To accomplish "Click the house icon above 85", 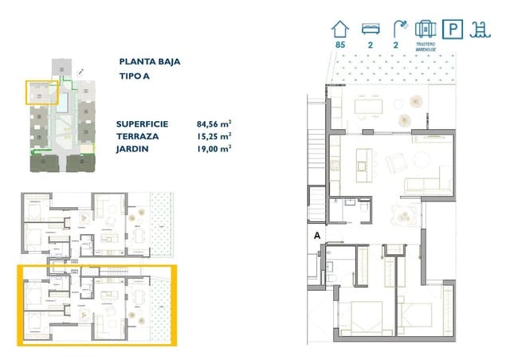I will coord(340,29).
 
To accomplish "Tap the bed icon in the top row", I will coord(368,29).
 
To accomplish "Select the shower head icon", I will coord(397,29).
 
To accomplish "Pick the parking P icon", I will coord(453,29).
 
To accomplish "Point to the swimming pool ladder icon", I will coord(480,29).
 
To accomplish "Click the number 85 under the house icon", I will coord(340,46).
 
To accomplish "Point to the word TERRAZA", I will coord(136,137).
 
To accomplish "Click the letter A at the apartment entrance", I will coord(317,235).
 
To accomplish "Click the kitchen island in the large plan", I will coord(363,166).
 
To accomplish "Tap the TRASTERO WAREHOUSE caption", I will coord(425,47).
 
